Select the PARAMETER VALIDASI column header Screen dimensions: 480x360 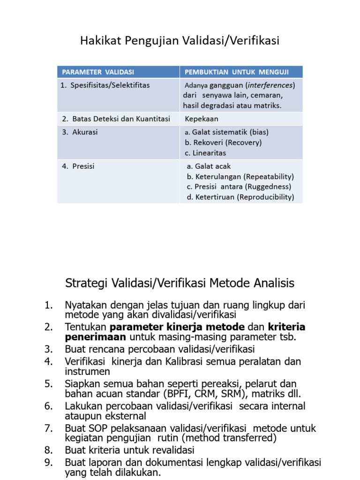[97, 72]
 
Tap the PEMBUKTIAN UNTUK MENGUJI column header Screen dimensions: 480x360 [237, 72]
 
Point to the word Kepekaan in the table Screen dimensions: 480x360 [202, 119]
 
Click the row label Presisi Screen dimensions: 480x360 [83, 166]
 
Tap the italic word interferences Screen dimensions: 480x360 [271, 85]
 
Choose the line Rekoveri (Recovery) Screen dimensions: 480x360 [223, 142]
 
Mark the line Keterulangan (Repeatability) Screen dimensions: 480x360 [240, 177]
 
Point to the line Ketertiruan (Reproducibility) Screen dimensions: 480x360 [240, 197]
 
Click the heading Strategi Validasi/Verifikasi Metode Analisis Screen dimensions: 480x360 [179, 283]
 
